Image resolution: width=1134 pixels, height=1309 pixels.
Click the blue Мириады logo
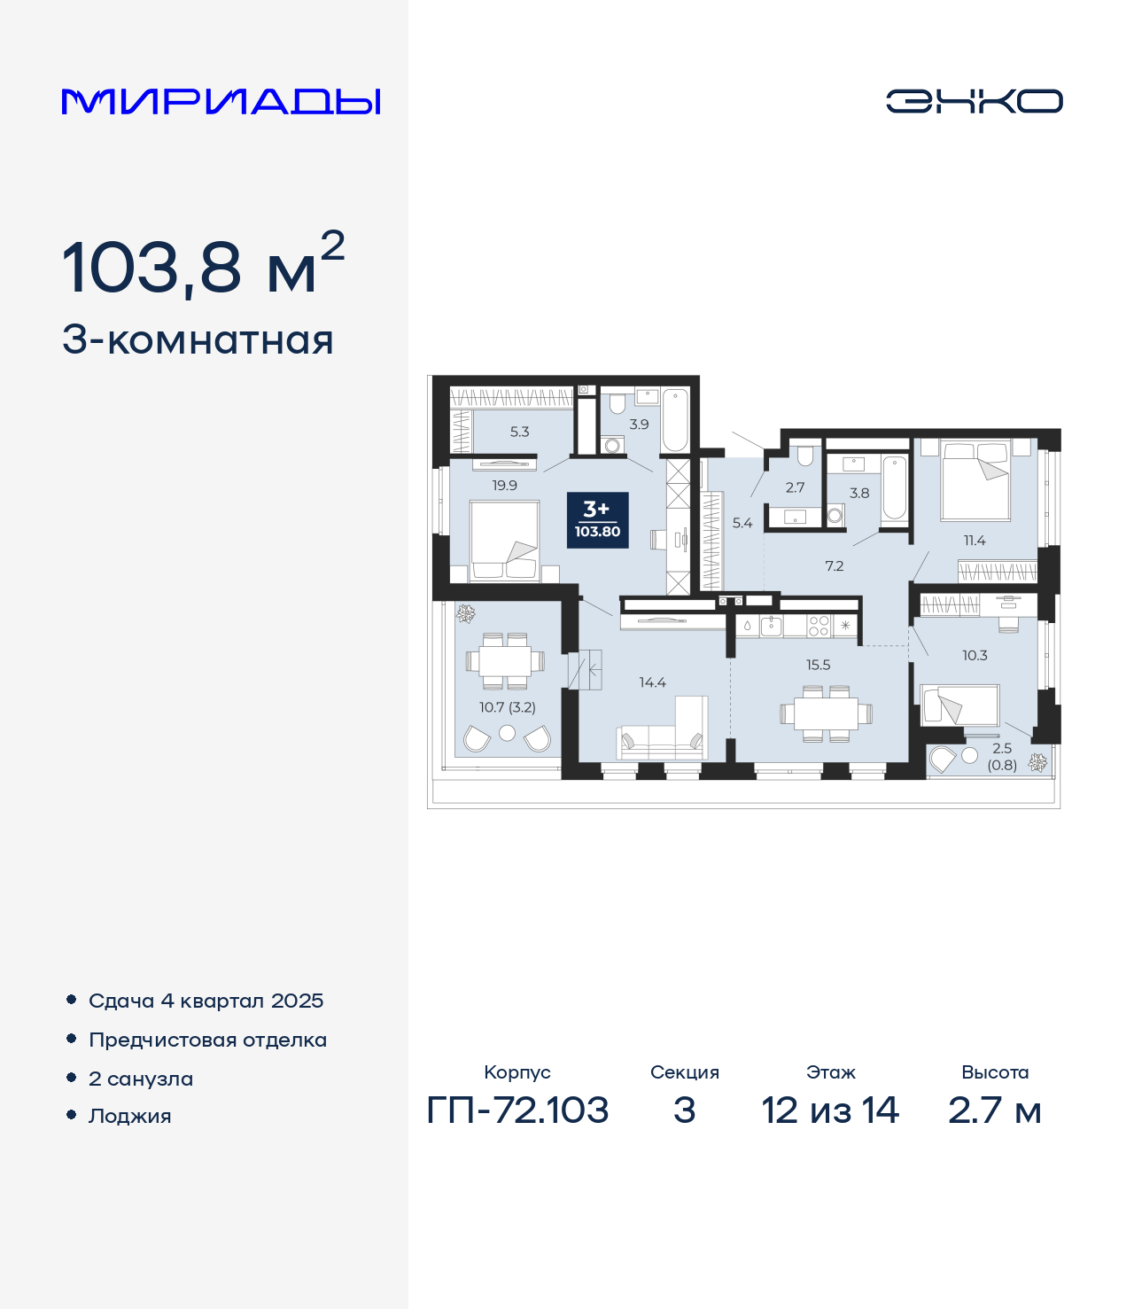(x=221, y=102)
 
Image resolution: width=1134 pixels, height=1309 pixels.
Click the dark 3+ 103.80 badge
(x=597, y=520)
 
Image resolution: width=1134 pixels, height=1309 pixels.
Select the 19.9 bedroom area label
(x=505, y=486)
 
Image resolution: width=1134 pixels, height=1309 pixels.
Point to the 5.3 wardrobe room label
(x=519, y=432)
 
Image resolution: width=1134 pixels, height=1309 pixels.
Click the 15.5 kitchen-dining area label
(x=818, y=665)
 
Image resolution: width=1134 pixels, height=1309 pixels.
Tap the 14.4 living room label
(x=652, y=682)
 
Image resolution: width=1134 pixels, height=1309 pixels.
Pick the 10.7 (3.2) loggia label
(x=507, y=707)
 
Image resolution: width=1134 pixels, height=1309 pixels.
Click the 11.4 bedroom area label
(x=975, y=541)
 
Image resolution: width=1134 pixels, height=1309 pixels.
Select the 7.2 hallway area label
(x=834, y=566)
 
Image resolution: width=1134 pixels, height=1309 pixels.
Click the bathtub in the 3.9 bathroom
(x=675, y=420)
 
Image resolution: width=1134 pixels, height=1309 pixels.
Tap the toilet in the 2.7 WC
(x=804, y=456)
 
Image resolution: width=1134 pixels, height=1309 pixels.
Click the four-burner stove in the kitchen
(x=819, y=626)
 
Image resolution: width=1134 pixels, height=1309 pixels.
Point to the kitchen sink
(x=771, y=626)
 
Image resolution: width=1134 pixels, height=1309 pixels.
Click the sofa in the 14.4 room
(x=663, y=729)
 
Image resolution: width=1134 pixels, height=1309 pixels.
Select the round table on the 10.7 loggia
(x=507, y=733)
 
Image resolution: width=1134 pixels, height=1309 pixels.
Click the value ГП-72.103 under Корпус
(x=517, y=1110)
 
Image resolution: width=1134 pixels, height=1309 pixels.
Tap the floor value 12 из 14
(x=830, y=1110)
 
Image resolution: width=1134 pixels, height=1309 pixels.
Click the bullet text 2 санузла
(x=141, y=1079)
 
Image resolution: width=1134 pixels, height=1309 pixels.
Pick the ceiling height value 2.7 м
(x=995, y=1110)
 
